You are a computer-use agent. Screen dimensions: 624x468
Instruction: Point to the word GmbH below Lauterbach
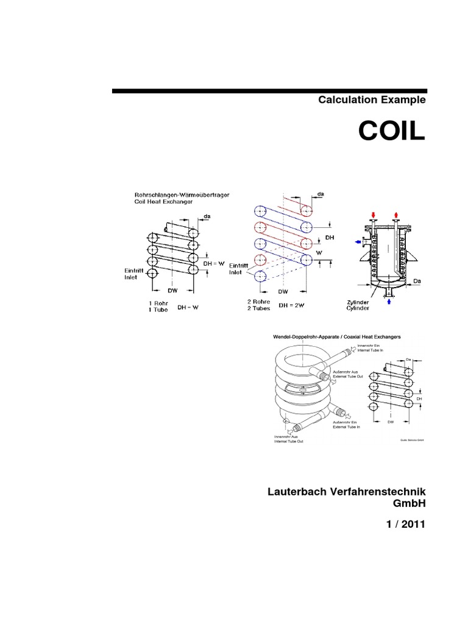pyautogui.click(x=408, y=504)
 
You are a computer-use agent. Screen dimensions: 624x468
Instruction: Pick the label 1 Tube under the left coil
pyautogui.click(x=157, y=310)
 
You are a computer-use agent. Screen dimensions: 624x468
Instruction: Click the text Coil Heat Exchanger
pyautogui.click(x=165, y=202)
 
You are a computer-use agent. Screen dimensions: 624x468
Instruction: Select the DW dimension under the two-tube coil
pyautogui.click(x=283, y=291)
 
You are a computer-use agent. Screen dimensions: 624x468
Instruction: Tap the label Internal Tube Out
pyautogui.click(x=288, y=441)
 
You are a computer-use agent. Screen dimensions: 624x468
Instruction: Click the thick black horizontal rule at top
pyautogui.click(x=268, y=91)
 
